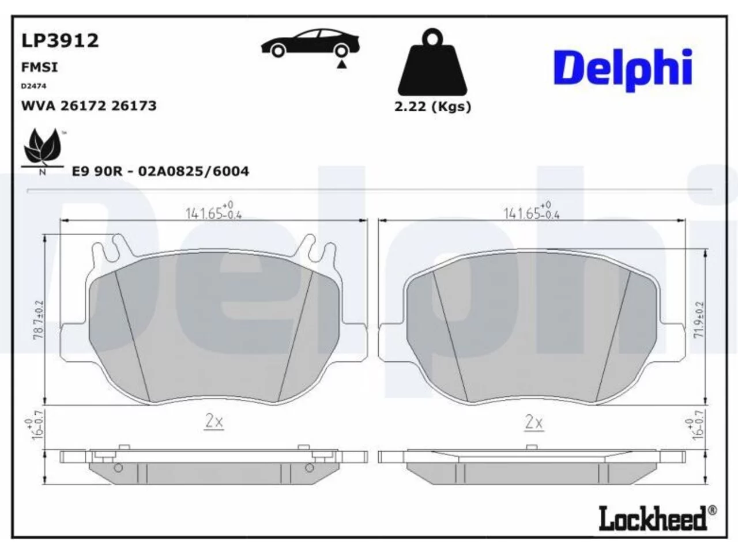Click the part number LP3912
point(60,40)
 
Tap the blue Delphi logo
point(623,69)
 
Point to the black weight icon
point(432,62)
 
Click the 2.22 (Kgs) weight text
point(433,107)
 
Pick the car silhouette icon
point(310,43)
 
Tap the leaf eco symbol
point(43,149)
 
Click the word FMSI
point(39,67)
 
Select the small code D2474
point(33,86)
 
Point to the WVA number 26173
point(134,106)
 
